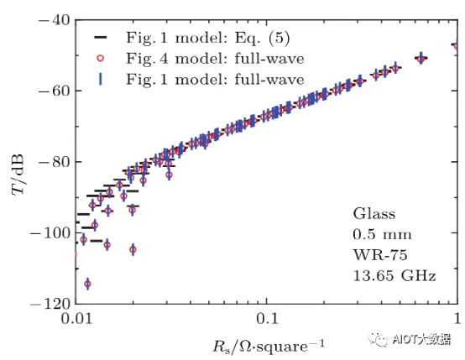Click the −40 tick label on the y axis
click(55, 21)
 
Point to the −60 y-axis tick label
click(55, 90)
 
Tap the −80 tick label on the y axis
click(55, 162)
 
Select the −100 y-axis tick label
click(50, 232)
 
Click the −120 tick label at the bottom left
click(50, 304)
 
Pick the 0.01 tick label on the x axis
click(77, 319)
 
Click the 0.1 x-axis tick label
click(267, 319)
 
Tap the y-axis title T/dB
click(18, 175)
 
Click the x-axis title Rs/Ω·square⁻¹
click(269, 346)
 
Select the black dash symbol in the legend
click(101, 38)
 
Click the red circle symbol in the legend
click(101, 58)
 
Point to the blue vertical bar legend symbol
click(101, 79)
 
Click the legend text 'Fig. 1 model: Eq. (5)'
click(208, 38)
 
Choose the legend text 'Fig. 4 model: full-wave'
click(216, 59)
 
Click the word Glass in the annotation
click(374, 213)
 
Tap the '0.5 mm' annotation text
click(382, 235)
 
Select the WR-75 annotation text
click(380, 255)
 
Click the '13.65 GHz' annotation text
click(394, 276)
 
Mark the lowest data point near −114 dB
click(87, 284)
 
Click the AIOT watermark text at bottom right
click(410, 339)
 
